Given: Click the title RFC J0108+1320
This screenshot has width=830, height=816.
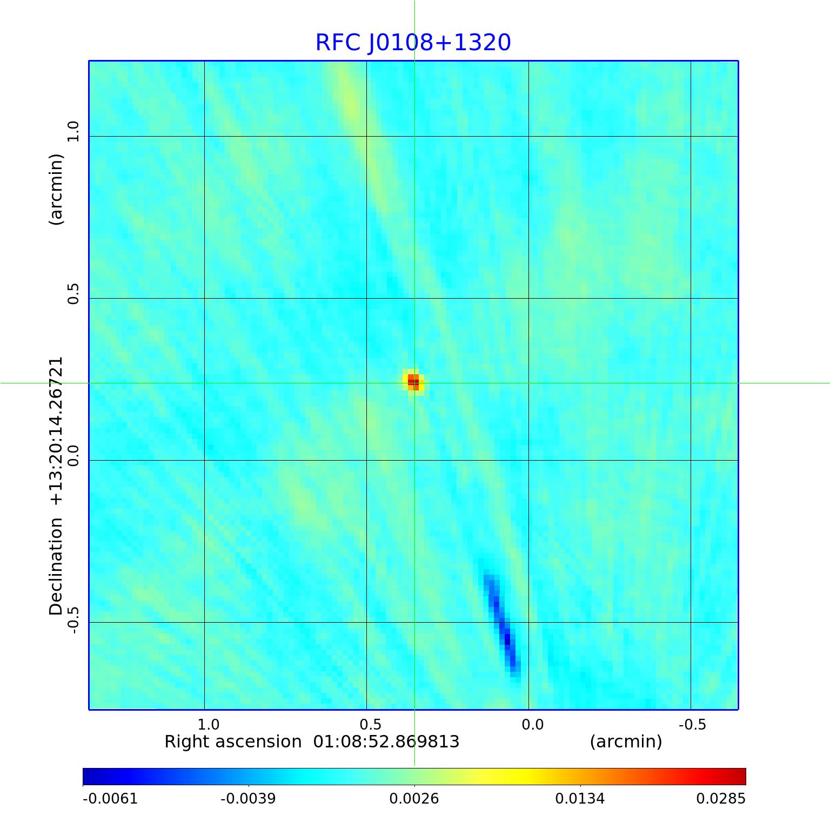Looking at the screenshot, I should coord(413,43).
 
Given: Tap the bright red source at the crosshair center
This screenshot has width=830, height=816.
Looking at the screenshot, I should coord(413,382).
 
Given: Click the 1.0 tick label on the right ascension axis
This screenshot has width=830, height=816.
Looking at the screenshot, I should coord(208,724).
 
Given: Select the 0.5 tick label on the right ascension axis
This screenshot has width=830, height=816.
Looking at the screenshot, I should coord(370,724).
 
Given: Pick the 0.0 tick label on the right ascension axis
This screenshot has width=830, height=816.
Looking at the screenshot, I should coord(532,724).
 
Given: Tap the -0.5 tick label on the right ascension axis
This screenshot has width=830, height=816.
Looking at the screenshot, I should coord(692,724).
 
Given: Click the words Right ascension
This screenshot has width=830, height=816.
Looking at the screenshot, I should coord(233,742).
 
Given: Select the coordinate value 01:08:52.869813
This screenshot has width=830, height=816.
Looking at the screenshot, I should coord(386,742).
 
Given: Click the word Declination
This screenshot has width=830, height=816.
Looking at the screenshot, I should coord(56,567).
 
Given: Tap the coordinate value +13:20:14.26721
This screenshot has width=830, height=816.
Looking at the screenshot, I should coord(56,431).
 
